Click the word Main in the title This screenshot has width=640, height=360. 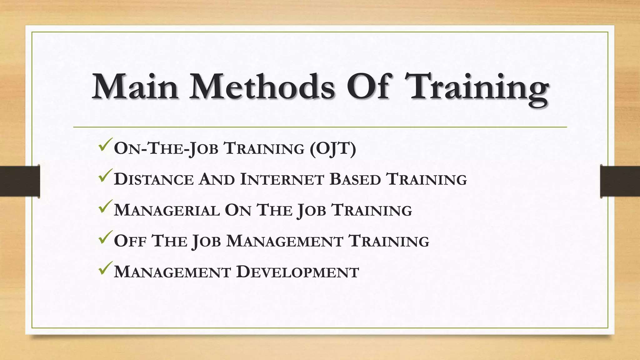pos(135,87)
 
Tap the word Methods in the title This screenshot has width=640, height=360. pos(262,87)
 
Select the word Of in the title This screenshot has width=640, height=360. pos(369,87)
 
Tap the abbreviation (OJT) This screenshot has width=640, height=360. pos(333,148)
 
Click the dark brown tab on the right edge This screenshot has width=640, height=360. pos(620,181)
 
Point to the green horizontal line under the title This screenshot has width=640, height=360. pos(320,127)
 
